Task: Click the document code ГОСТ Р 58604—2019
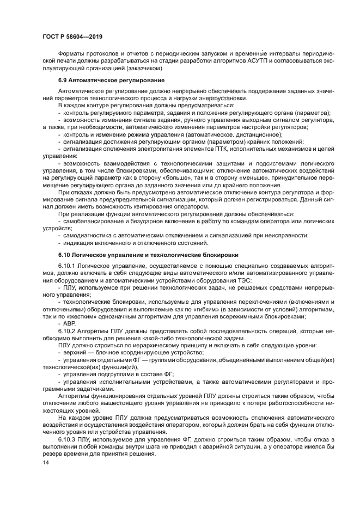(x=72, y=36)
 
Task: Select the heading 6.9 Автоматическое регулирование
(x=112, y=80)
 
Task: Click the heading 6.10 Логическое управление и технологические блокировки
(x=148, y=255)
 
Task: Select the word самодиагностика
(x=86, y=235)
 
